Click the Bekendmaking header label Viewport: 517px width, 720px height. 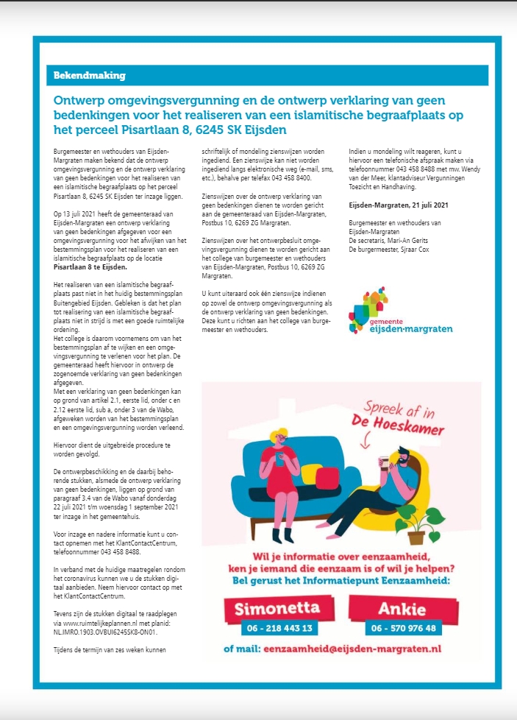click(x=89, y=76)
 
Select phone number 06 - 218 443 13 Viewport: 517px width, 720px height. click(x=277, y=628)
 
